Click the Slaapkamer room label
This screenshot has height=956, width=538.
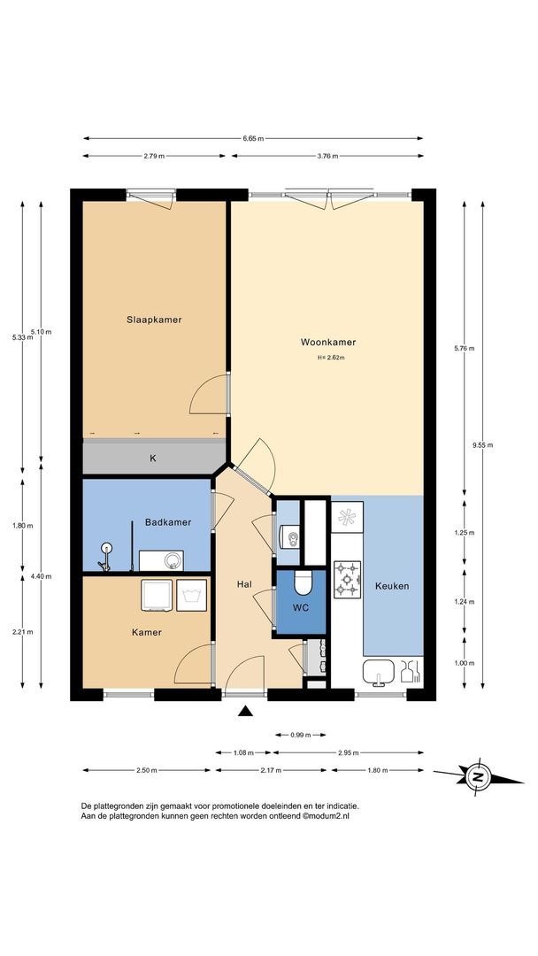(x=154, y=320)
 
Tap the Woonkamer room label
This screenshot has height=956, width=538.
(x=328, y=342)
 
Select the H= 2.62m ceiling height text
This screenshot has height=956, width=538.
(x=330, y=358)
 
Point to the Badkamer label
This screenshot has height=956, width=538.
(x=168, y=522)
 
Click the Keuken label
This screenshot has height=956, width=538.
(x=392, y=586)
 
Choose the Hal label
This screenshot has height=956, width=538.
(x=245, y=585)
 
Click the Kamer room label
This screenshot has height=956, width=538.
(x=147, y=632)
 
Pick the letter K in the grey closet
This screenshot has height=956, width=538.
(x=152, y=459)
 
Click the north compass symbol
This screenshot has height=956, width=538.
(x=479, y=777)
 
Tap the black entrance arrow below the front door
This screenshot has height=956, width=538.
(x=245, y=710)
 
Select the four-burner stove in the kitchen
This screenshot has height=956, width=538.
(x=347, y=578)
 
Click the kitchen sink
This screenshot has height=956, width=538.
(x=380, y=673)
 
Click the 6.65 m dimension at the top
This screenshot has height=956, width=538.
(x=253, y=139)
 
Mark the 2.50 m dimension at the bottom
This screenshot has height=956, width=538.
(x=147, y=770)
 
